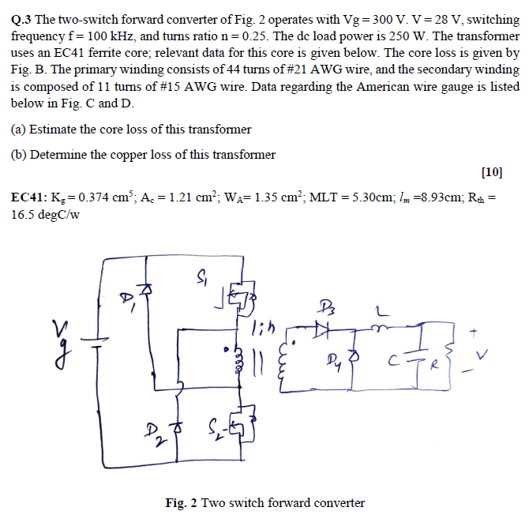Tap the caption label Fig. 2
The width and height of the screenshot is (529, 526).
click(182, 503)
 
